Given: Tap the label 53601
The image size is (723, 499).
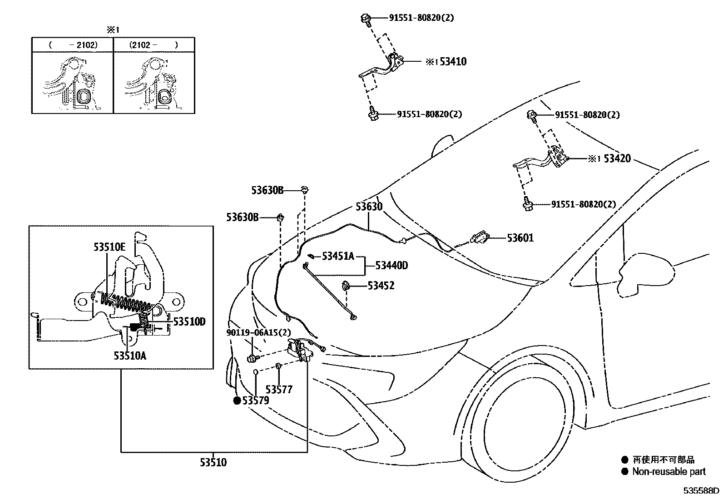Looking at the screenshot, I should [x=520, y=238].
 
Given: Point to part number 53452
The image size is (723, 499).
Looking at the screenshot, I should [x=381, y=286].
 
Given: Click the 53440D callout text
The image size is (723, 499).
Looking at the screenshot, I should [x=391, y=266].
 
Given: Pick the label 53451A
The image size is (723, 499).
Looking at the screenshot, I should [x=337, y=256].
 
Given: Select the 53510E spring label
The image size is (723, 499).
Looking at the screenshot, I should [x=109, y=247].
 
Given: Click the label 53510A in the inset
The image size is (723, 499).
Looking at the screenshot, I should [x=130, y=356].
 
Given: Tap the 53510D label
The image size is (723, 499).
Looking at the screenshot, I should [x=189, y=322].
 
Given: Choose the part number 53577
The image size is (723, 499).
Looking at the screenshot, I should [x=279, y=389].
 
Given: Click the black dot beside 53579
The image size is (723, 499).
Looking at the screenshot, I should [x=237, y=400].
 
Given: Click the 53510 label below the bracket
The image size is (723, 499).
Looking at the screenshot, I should [x=213, y=463].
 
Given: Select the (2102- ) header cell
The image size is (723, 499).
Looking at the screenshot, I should [x=154, y=45].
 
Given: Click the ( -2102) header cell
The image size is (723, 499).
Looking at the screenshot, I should [x=73, y=45].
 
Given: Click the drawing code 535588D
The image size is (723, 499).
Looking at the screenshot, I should [x=702, y=491].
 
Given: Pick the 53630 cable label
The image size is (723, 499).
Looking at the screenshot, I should [x=369, y=207].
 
